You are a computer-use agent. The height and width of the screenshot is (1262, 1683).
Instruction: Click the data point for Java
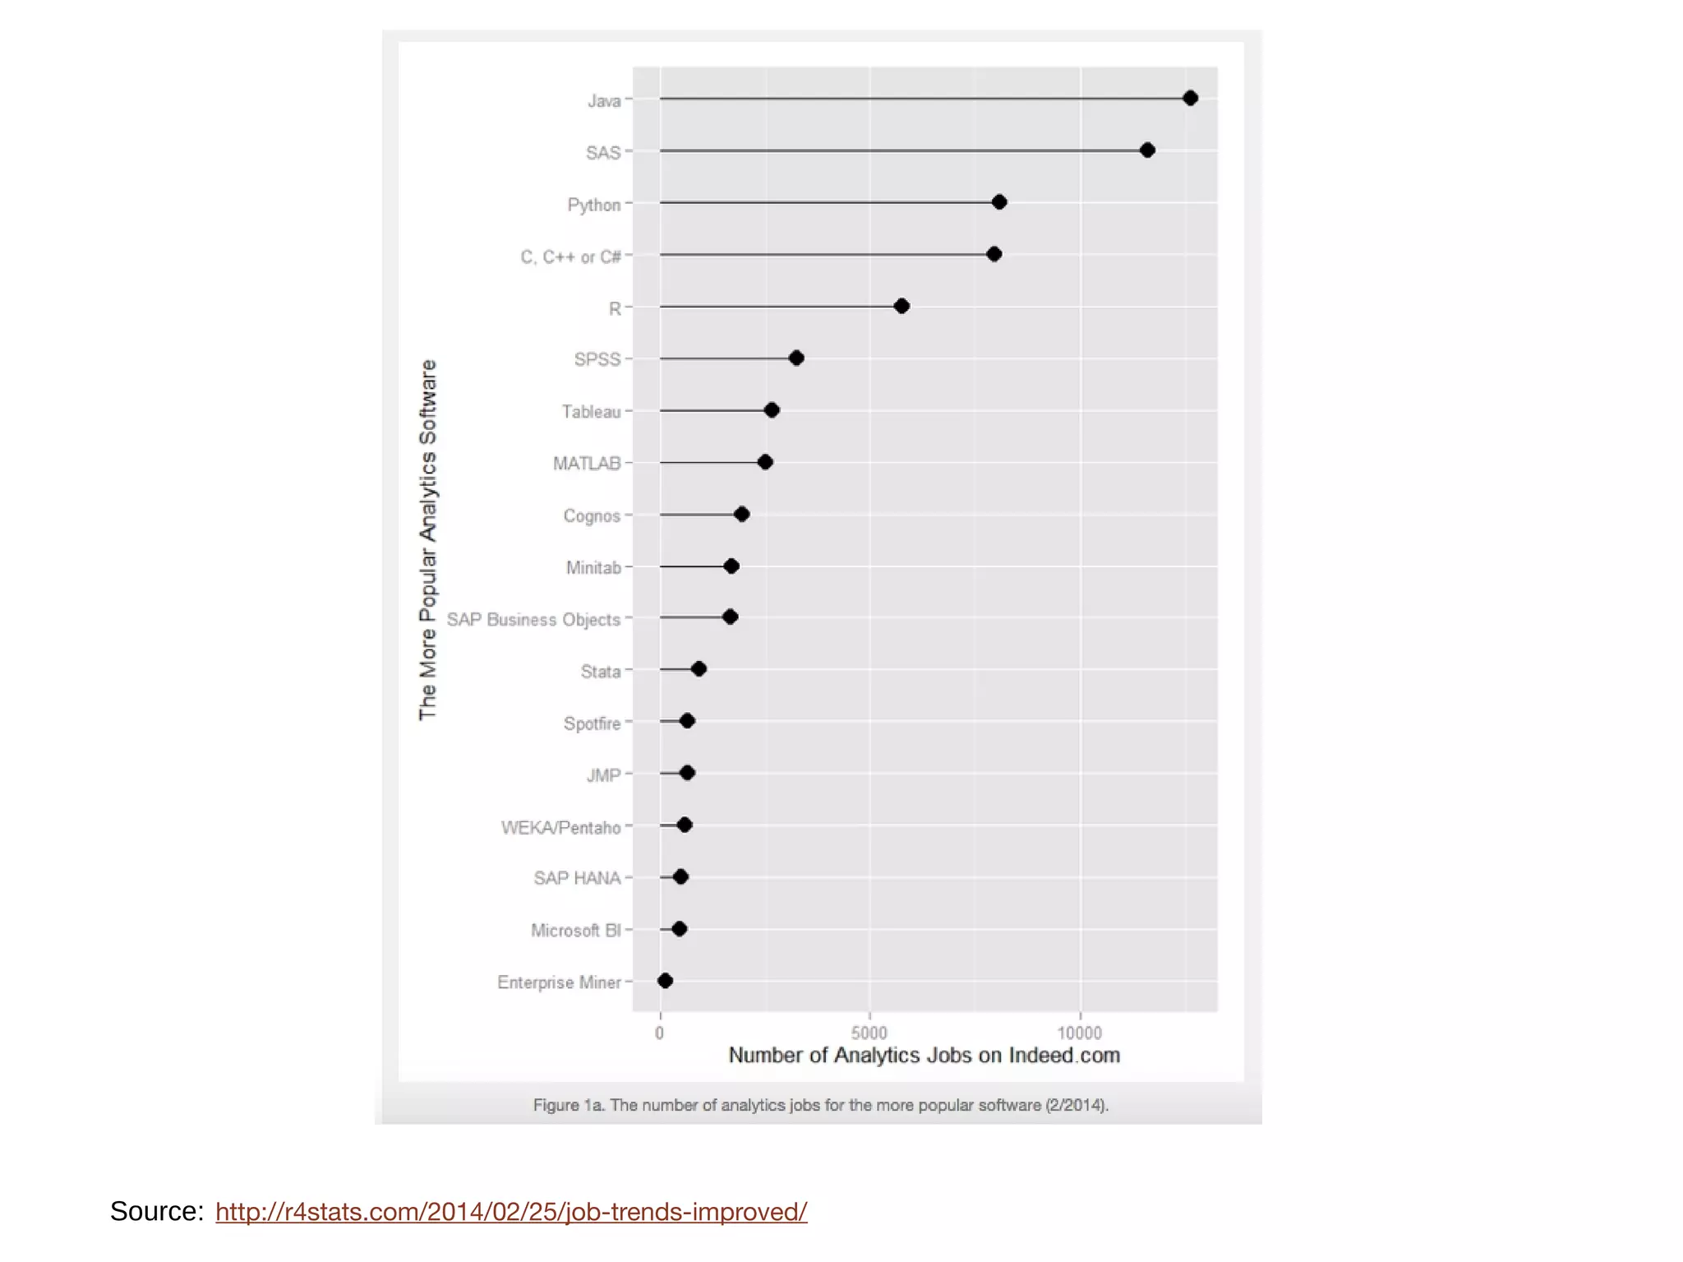click(x=1190, y=99)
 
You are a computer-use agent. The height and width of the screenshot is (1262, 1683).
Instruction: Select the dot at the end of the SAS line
click(x=1147, y=150)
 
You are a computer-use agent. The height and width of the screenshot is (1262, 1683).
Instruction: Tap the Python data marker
click(x=999, y=202)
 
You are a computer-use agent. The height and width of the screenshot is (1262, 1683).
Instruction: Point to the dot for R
click(x=901, y=307)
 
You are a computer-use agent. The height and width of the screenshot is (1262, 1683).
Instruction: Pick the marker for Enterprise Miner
click(x=666, y=981)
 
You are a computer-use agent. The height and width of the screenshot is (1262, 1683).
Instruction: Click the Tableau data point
click(x=772, y=410)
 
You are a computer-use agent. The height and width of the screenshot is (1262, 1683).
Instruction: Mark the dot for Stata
click(x=699, y=669)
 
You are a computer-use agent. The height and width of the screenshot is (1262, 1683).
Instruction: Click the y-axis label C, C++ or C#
click(x=570, y=257)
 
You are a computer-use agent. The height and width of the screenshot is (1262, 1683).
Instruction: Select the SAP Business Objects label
click(x=533, y=620)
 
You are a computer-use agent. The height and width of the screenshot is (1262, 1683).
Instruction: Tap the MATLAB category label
click(x=587, y=464)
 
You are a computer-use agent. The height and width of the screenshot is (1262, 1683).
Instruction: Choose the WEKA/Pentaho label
click(x=560, y=828)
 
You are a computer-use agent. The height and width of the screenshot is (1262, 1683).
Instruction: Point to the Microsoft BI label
click(x=575, y=931)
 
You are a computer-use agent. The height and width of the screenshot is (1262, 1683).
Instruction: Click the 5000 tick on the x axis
click(x=869, y=1033)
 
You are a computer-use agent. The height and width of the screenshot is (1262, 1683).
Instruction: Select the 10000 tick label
click(x=1079, y=1033)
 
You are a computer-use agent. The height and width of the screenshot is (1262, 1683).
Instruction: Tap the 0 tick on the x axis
click(x=660, y=1033)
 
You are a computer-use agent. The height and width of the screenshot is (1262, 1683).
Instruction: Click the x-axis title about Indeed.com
click(x=924, y=1056)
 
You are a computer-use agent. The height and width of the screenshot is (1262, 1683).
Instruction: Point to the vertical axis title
click(x=428, y=540)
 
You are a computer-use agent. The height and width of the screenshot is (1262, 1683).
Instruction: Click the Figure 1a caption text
click(x=820, y=1106)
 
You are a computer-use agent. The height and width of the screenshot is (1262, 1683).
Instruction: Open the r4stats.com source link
click(x=511, y=1212)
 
